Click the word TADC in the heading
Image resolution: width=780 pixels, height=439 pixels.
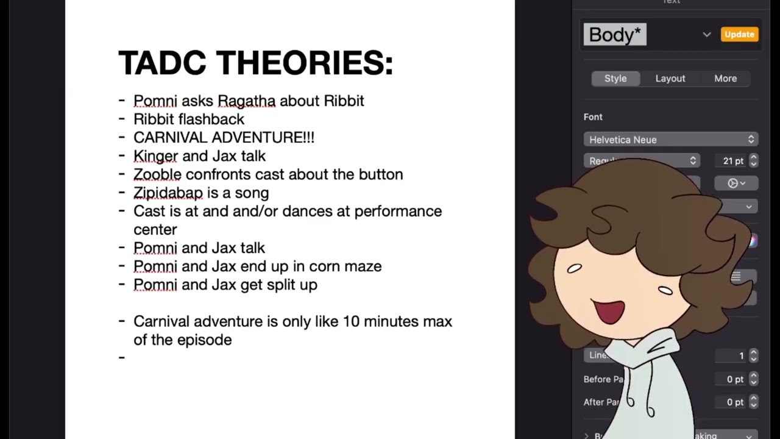tap(163, 63)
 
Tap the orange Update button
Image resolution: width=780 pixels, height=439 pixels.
tap(739, 35)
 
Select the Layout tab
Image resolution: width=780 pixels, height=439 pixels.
tap(670, 79)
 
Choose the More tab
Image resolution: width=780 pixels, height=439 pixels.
tap(725, 79)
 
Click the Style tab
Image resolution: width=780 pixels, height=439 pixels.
tap(615, 79)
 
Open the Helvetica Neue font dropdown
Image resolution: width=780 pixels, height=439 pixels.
tap(670, 140)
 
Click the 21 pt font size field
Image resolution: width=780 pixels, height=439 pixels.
tap(733, 161)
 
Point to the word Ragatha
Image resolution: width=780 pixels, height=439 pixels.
tap(246, 101)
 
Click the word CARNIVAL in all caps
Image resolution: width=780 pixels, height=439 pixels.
tap(168, 138)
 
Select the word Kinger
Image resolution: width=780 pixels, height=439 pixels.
tap(155, 157)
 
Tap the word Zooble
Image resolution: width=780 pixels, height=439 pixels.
tap(157, 175)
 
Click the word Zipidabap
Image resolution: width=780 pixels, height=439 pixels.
tap(168, 193)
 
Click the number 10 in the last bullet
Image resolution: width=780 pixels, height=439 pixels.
tap(350, 321)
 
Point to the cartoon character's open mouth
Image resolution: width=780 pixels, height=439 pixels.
tap(610, 311)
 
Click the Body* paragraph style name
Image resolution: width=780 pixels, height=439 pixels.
tap(614, 35)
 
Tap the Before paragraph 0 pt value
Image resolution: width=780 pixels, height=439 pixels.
tap(734, 379)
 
